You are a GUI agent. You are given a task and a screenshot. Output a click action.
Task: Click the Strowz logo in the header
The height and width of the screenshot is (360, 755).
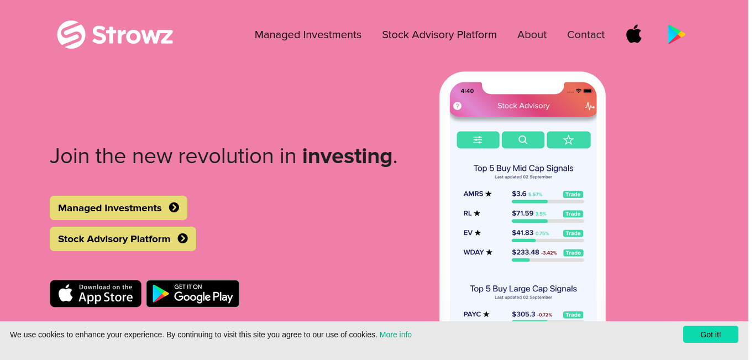115,34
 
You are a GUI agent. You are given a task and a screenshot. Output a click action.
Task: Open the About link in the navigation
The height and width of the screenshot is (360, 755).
532,34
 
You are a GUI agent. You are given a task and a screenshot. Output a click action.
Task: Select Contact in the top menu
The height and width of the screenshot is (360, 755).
586,34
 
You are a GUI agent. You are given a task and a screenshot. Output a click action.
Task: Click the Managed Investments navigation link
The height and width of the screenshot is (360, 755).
308,34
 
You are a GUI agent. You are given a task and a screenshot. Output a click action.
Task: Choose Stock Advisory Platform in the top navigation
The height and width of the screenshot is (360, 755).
439,34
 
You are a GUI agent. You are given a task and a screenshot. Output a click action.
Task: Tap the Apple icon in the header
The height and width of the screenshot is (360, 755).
634,34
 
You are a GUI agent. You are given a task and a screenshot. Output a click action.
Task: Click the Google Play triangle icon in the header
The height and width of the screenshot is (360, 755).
676,34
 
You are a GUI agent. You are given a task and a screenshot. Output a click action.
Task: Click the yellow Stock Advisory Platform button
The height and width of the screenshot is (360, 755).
123,239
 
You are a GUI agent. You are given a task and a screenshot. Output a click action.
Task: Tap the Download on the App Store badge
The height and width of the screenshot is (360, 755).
96,294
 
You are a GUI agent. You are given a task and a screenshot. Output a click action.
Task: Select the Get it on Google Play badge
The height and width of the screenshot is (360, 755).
193,294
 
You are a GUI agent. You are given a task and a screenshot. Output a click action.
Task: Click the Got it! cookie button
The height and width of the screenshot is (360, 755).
711,335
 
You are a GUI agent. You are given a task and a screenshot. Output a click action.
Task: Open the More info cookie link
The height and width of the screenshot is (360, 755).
395,335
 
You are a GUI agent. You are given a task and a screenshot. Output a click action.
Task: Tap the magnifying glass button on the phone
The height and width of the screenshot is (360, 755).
523,140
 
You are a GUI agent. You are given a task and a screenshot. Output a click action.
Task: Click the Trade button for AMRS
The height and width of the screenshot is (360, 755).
573,195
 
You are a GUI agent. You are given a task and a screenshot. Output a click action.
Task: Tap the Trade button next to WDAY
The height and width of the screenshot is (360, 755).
573,253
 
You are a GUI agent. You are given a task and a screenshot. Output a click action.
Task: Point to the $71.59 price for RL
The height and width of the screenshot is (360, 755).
522,213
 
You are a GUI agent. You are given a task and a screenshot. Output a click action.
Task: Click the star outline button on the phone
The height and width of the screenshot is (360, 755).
569,140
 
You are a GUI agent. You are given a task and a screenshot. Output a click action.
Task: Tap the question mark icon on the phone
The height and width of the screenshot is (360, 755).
458,106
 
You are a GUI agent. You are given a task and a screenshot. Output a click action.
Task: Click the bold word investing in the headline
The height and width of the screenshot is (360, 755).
347,156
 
